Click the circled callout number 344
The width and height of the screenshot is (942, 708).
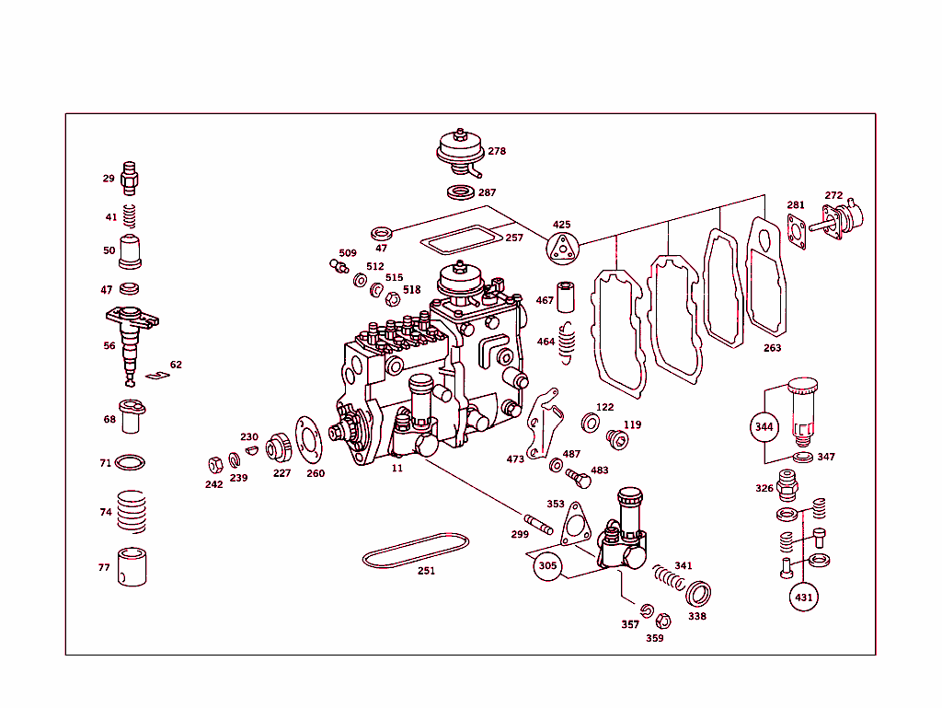click(764, 426)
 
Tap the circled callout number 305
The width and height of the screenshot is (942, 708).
click(547, 566)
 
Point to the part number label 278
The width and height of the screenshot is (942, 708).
click(497, 151)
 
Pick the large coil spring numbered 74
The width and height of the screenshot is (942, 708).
click(132, 511)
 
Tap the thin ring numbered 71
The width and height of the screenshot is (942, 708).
click(132, 462)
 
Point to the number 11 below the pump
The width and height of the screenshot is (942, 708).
click(397, 468)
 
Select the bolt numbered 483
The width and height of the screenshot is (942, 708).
click(579, 478)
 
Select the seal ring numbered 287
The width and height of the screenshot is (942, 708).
click(459, 192)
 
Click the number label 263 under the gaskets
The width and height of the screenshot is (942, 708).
click(772, 348)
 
